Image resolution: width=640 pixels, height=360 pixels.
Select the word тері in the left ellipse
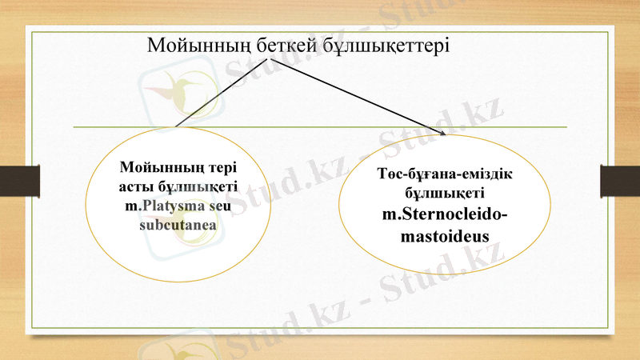click(x=222, y=169)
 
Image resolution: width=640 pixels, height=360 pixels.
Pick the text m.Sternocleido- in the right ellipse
click(x=446, y=214)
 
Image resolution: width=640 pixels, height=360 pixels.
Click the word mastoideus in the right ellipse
click(x=446, y=236)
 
